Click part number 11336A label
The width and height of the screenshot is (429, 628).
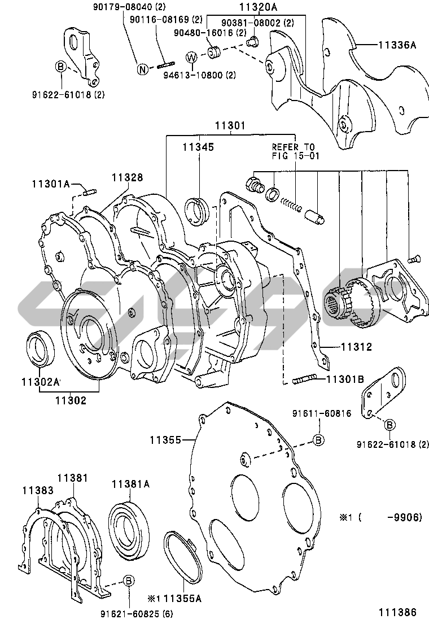pyautogui.click(x=397, y=45)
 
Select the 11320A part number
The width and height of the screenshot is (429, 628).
pyautogui.click(x=259, y=7)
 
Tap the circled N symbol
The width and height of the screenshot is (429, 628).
pyautogui.click(x=143, y=69)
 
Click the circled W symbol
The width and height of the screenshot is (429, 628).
pyautogui.click(x=192, y=58)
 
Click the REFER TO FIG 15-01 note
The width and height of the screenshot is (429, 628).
pyautogui.click(x=296, y=152)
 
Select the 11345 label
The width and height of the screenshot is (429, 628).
pyautogui.click(x=199, y=147)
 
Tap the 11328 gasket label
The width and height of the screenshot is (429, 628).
pyautogui.click(x=127, y=177)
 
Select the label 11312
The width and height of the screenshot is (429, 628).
pyautogui.click(x=356, y=346)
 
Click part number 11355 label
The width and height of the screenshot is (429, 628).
pyautogui.click(x=166, y=440)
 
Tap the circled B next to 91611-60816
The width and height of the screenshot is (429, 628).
pyautogui.click(x=318, y=440)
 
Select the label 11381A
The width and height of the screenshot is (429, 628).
pyautogui.click(x=130, y=484)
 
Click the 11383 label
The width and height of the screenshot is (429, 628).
pyautogui.click(x=38, y=490)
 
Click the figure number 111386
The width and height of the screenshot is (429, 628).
pyautogui.click(x=398, y=612)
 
